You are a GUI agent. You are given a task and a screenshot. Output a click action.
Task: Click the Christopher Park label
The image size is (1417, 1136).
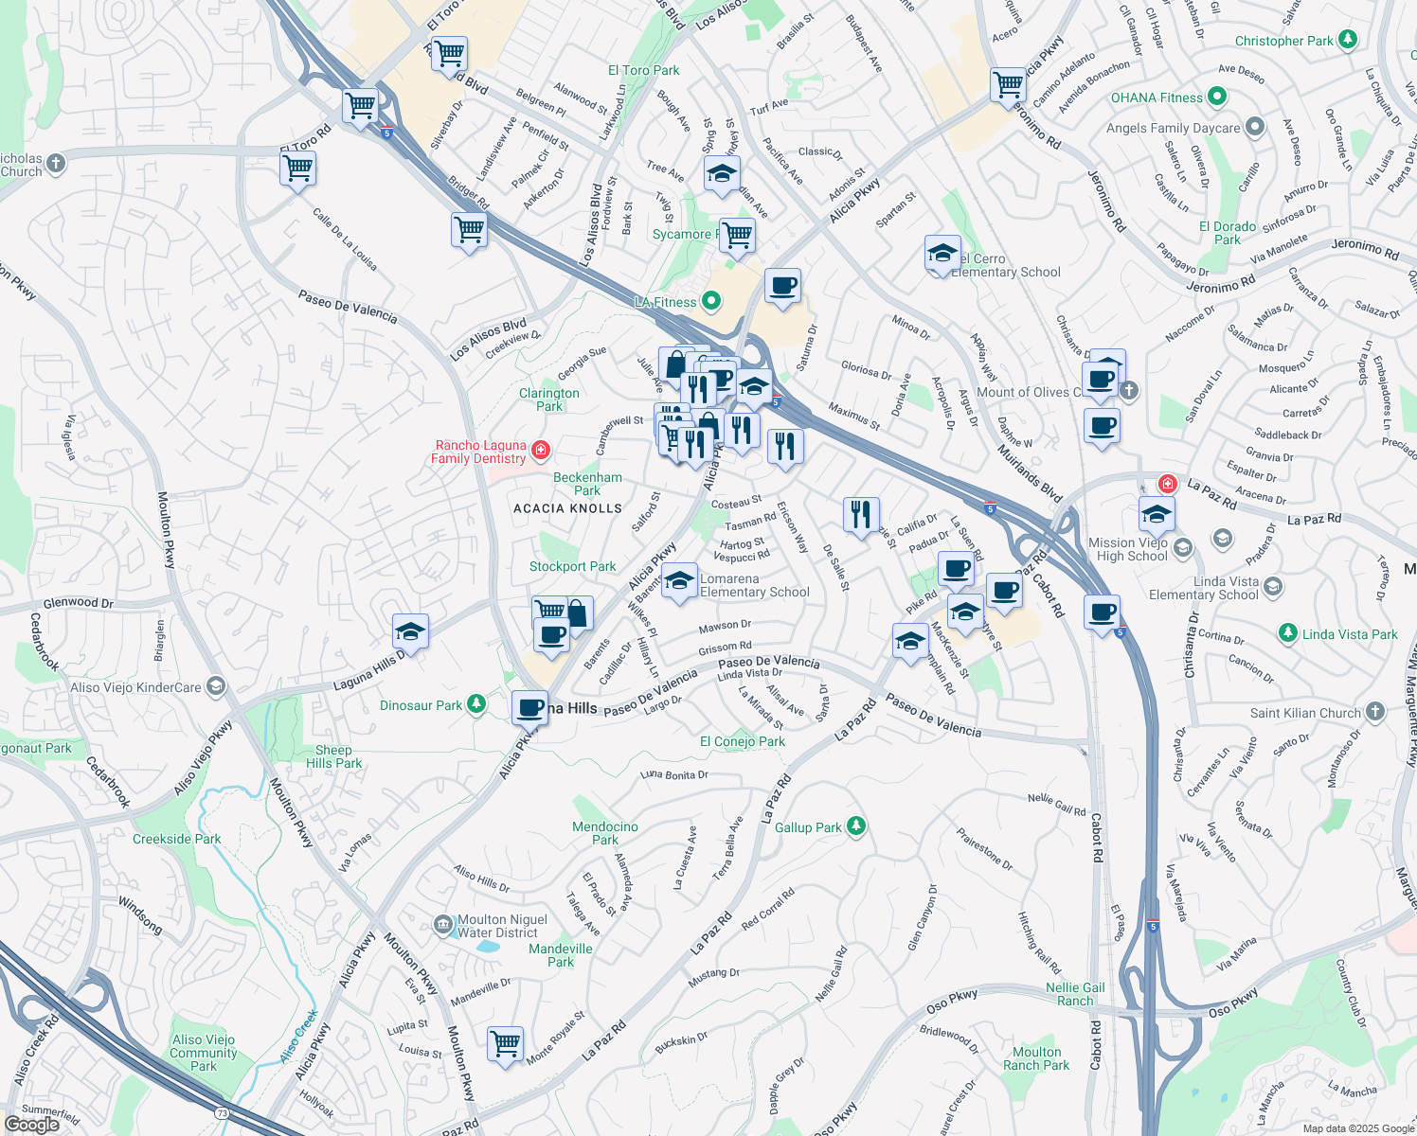pos(1283,41)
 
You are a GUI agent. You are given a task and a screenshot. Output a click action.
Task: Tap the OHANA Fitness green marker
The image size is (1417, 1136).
pos(1218,97)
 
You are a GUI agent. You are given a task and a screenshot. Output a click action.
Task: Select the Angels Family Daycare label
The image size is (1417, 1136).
pos(1173,128)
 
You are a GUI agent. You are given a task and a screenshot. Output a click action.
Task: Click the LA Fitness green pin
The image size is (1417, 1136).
pos(710,302)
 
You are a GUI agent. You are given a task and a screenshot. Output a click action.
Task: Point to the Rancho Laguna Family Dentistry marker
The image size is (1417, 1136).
pos(541,451)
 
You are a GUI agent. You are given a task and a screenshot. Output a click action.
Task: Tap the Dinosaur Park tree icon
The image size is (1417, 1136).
pos(476,704)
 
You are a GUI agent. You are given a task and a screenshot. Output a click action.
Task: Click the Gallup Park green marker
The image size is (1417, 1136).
pos(855,826)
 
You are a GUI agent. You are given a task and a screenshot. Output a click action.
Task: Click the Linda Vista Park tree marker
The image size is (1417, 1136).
pos(1287,633)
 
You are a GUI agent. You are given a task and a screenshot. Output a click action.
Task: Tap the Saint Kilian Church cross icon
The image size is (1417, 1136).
pos(1375,712)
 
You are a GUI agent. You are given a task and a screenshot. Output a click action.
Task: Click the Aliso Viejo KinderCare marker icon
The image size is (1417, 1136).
pos(216,686)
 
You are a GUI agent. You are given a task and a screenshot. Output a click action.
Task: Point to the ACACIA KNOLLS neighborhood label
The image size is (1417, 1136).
pos(567,508)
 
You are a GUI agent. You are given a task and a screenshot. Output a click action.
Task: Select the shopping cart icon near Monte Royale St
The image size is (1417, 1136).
pos(506,1043)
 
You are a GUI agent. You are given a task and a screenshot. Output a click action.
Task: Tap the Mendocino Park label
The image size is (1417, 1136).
pos(604,833)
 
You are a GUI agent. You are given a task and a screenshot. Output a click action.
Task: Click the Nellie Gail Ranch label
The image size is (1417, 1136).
pos(1075,994)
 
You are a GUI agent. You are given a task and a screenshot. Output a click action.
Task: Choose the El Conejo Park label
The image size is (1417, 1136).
pos(742,741)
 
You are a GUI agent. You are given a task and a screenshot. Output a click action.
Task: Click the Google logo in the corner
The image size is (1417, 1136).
pos(31,1124)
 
